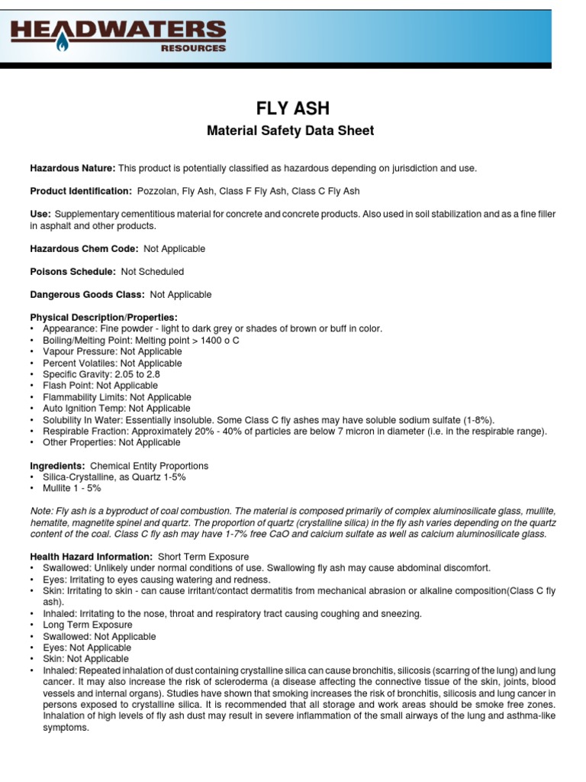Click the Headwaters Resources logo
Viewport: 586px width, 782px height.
click(118, 35)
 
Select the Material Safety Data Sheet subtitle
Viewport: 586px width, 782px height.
click(291, 131)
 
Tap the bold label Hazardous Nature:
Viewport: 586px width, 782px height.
click(72, 168)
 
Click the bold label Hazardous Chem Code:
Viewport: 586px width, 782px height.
click(84, 249)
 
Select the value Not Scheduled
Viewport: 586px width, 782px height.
click(152, 272)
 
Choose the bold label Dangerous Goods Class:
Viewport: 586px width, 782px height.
click(87, 295)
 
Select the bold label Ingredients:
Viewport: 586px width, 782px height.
click(57, 466)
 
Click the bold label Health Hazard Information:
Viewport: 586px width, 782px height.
click(92, 557)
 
